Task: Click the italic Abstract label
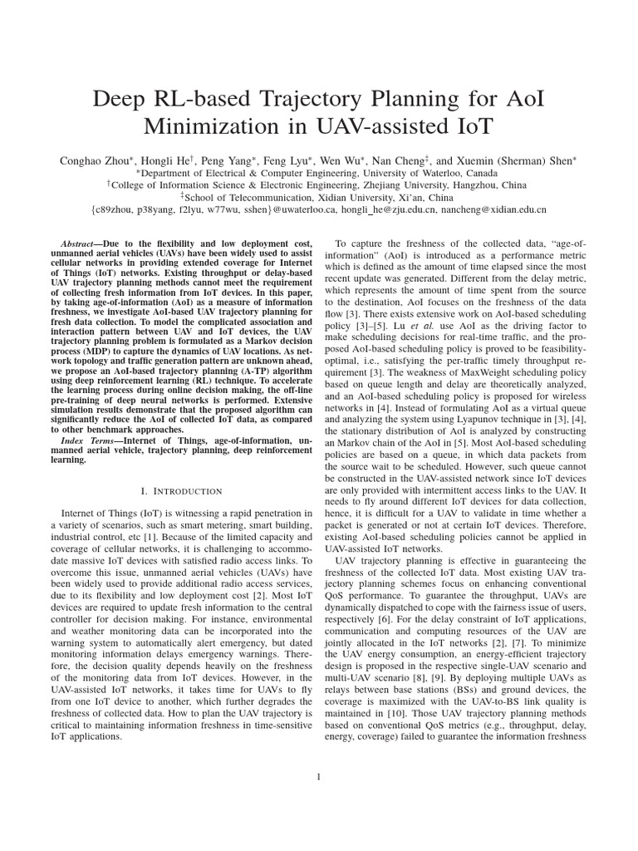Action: (x=85, y=243)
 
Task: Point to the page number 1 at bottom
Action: (x=318, y=776)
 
